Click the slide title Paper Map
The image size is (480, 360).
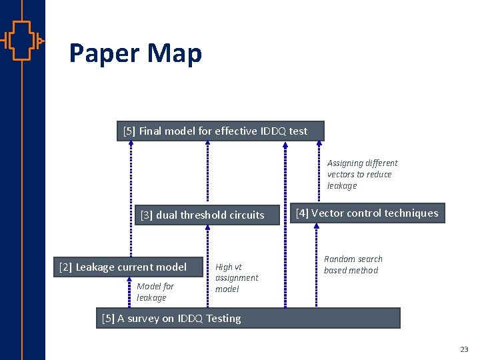tap(135, 53)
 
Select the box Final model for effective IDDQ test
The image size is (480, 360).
tap(220, 131)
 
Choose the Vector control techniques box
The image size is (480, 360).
tap(367, 213)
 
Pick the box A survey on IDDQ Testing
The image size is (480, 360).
tap(248, 318)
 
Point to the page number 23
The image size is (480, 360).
tap(464, 349)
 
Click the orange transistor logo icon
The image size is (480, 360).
tap(22, 41)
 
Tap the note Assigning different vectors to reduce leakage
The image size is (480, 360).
tap(362, 174)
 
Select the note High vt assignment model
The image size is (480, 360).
tap(236, 278)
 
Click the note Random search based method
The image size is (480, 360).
tap(353, 265)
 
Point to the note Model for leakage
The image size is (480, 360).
tap(155, 292)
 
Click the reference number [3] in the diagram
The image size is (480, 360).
tap(146, 215)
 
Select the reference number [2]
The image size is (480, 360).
tap(65, 267)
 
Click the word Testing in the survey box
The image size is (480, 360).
tap(223, 319)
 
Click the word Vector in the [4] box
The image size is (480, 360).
tap(326, 213)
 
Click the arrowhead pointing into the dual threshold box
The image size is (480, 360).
tap(207, 228)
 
